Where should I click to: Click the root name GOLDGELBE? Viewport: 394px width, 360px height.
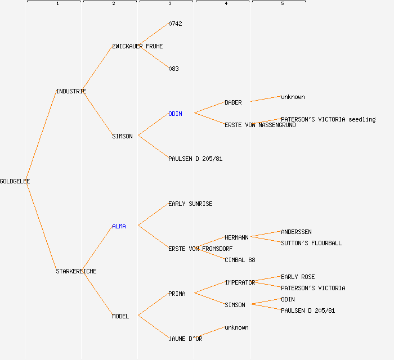[15, 181]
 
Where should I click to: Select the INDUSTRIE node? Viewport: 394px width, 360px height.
[71, 91]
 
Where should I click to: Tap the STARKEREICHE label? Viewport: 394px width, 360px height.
[76, 271]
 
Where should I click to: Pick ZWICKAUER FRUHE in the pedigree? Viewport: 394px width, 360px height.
[137, 46]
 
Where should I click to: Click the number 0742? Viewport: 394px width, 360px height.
[175, 24]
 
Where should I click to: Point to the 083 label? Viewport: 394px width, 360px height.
[173, 69]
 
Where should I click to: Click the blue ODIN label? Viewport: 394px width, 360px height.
[175, 114]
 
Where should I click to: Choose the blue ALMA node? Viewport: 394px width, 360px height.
[119, 226]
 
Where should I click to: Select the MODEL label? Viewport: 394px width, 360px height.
[120, 316]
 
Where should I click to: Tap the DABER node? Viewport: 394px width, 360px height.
[233, 102]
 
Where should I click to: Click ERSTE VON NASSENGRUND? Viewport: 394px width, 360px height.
[260, 125]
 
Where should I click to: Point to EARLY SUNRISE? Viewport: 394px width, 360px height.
[190, 204]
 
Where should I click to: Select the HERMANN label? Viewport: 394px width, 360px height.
[236, 237]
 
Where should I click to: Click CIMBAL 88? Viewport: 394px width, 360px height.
[240, 260]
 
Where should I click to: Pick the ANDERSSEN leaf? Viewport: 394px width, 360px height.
[296, 232]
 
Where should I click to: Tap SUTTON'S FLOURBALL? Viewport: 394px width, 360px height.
[311, 243]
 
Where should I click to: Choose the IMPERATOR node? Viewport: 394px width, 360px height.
[240, 282]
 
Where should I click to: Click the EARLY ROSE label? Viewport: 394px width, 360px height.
[298, 277]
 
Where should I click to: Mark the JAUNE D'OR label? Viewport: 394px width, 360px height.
[185, 339]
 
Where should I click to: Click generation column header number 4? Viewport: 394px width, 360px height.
[226, 4]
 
